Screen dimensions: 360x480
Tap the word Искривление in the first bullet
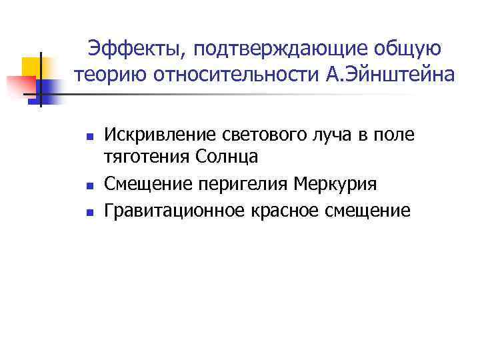tap(159, 135)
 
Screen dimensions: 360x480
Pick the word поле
tap(396, 135)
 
